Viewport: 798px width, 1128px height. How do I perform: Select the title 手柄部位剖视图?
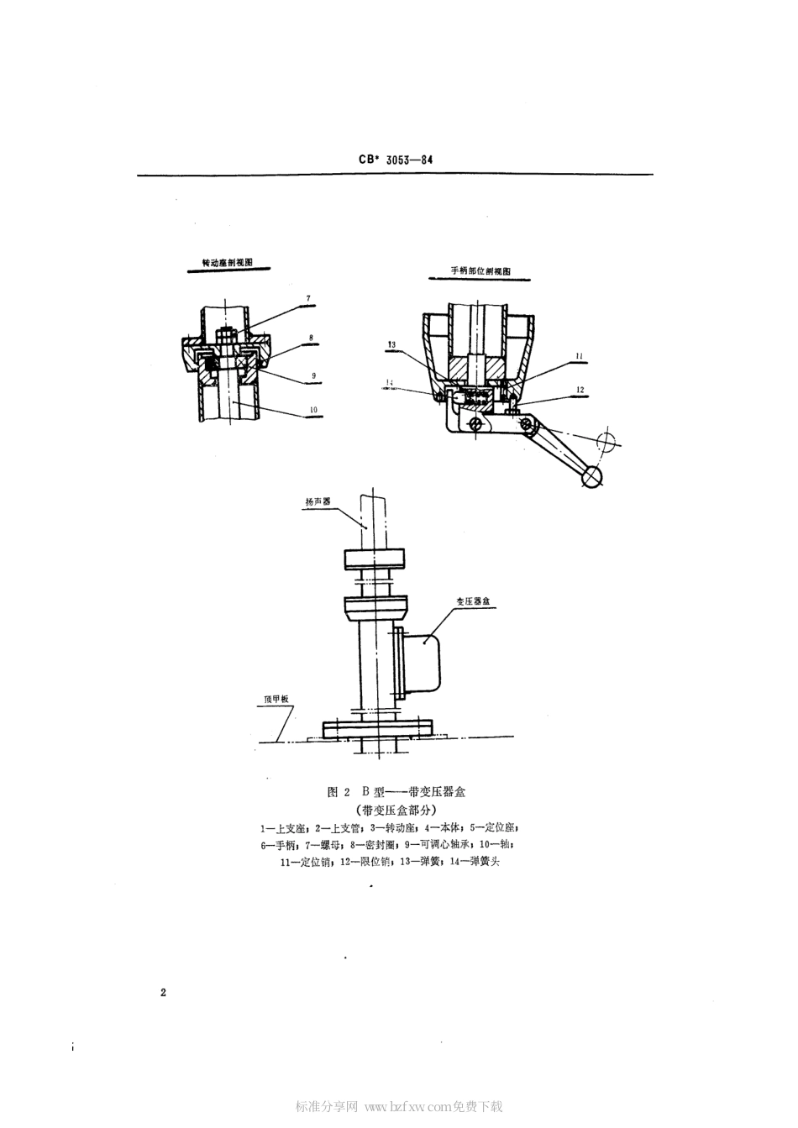coord(480,272)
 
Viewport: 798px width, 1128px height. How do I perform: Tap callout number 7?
coord(307,298)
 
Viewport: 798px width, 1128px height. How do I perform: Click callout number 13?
coord(392,344)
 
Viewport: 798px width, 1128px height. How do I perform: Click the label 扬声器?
coord(318,501)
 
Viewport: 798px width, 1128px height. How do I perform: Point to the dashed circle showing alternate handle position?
coord(606,439)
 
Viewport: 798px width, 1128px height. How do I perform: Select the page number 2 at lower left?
coord(163,993)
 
